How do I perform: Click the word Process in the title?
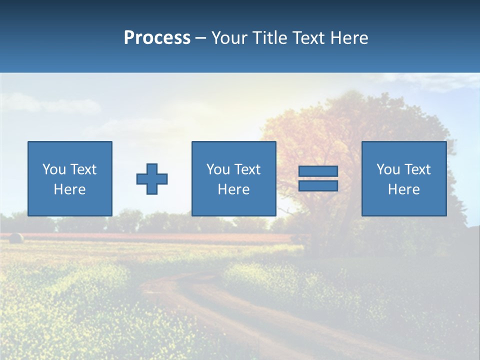157,38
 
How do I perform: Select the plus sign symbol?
152,178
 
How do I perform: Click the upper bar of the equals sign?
318,171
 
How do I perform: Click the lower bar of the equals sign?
318,185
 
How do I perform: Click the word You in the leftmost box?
54,169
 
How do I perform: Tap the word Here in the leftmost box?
69,189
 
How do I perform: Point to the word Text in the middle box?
247,169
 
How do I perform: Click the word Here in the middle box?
233,189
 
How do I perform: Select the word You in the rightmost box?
388,169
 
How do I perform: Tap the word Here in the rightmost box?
403,189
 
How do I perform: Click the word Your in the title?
231,38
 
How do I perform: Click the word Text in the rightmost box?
417,169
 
